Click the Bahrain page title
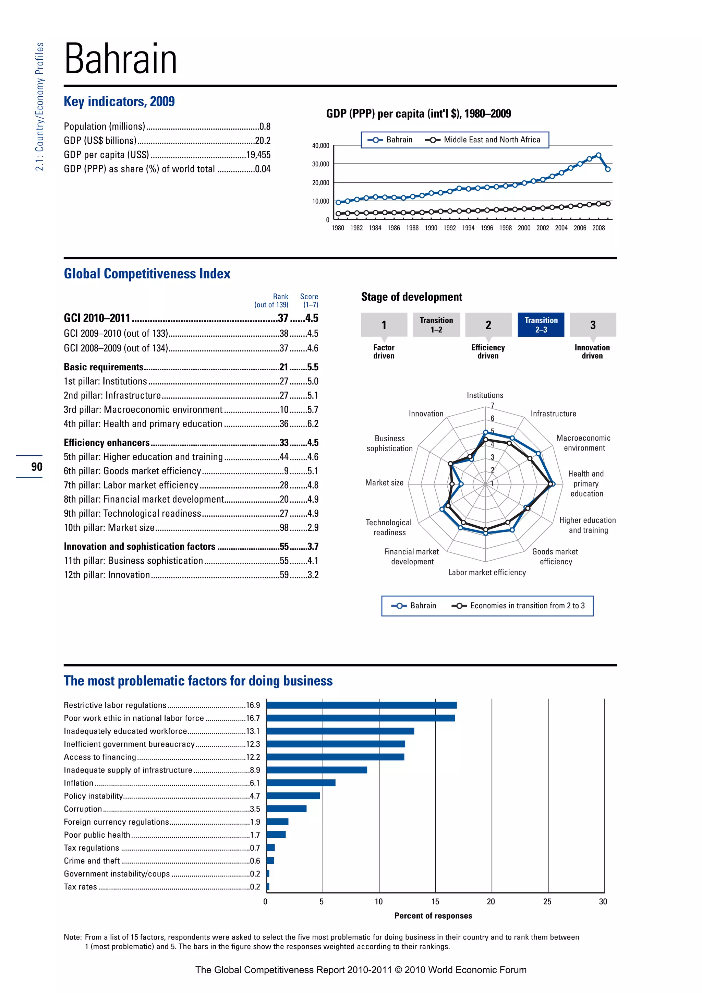pyautogui.click(x=121, y=59)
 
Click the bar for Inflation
pyautogui.click(x=301, y=783)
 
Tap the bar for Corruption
pyautogui.click(x=287, y=809)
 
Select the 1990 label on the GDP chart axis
pyautogui.click(x=431, y=228)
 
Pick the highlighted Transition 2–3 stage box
pyautogui.click(x=541, y=325)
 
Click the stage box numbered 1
pyautogui.click(x=384, y=325)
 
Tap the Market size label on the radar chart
pyautogui.click(x=384, y=483)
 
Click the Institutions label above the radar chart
pyautogui.click(x=485, y=395)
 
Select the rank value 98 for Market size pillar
pyautogui.click(x=284, y=528)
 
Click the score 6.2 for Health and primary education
pyautogui.click(x=313, y=424)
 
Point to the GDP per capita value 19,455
pyautogui.click(x=258, y=155)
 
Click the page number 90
pyautogui.click(x=37, y=467)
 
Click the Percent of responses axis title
pyautogui.click(x=433, y=916)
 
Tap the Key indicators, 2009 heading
pyautogui.click(x=119, y=101)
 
